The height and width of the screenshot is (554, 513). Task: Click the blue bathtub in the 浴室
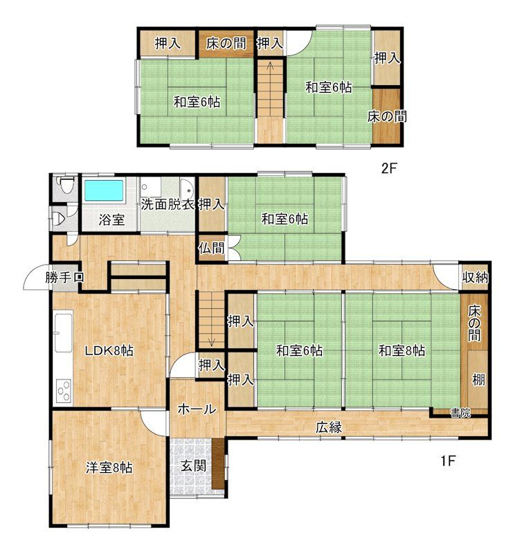(105, 192)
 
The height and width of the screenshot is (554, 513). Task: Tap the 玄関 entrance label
(194, 465)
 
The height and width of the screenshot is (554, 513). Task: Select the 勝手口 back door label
(64, 278)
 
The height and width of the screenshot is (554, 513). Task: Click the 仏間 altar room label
(211, 249)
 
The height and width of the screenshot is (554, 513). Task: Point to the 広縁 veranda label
(329, 427)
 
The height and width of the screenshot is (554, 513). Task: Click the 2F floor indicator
(389, 168)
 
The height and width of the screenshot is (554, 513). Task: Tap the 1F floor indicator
(449, 461)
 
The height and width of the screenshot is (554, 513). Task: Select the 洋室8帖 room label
(109, 468)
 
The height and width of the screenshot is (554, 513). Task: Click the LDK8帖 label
(109, 351)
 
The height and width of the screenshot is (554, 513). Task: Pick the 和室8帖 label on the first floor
(402, 351)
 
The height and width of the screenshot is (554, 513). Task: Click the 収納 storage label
(475, 278)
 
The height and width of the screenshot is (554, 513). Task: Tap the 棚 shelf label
(478, 379)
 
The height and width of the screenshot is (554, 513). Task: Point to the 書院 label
(460, 413)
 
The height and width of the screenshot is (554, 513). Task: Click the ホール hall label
(197, 409)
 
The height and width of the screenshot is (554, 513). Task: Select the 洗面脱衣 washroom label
(168, 204)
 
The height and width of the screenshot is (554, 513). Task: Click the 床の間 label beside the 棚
(474, 323)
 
